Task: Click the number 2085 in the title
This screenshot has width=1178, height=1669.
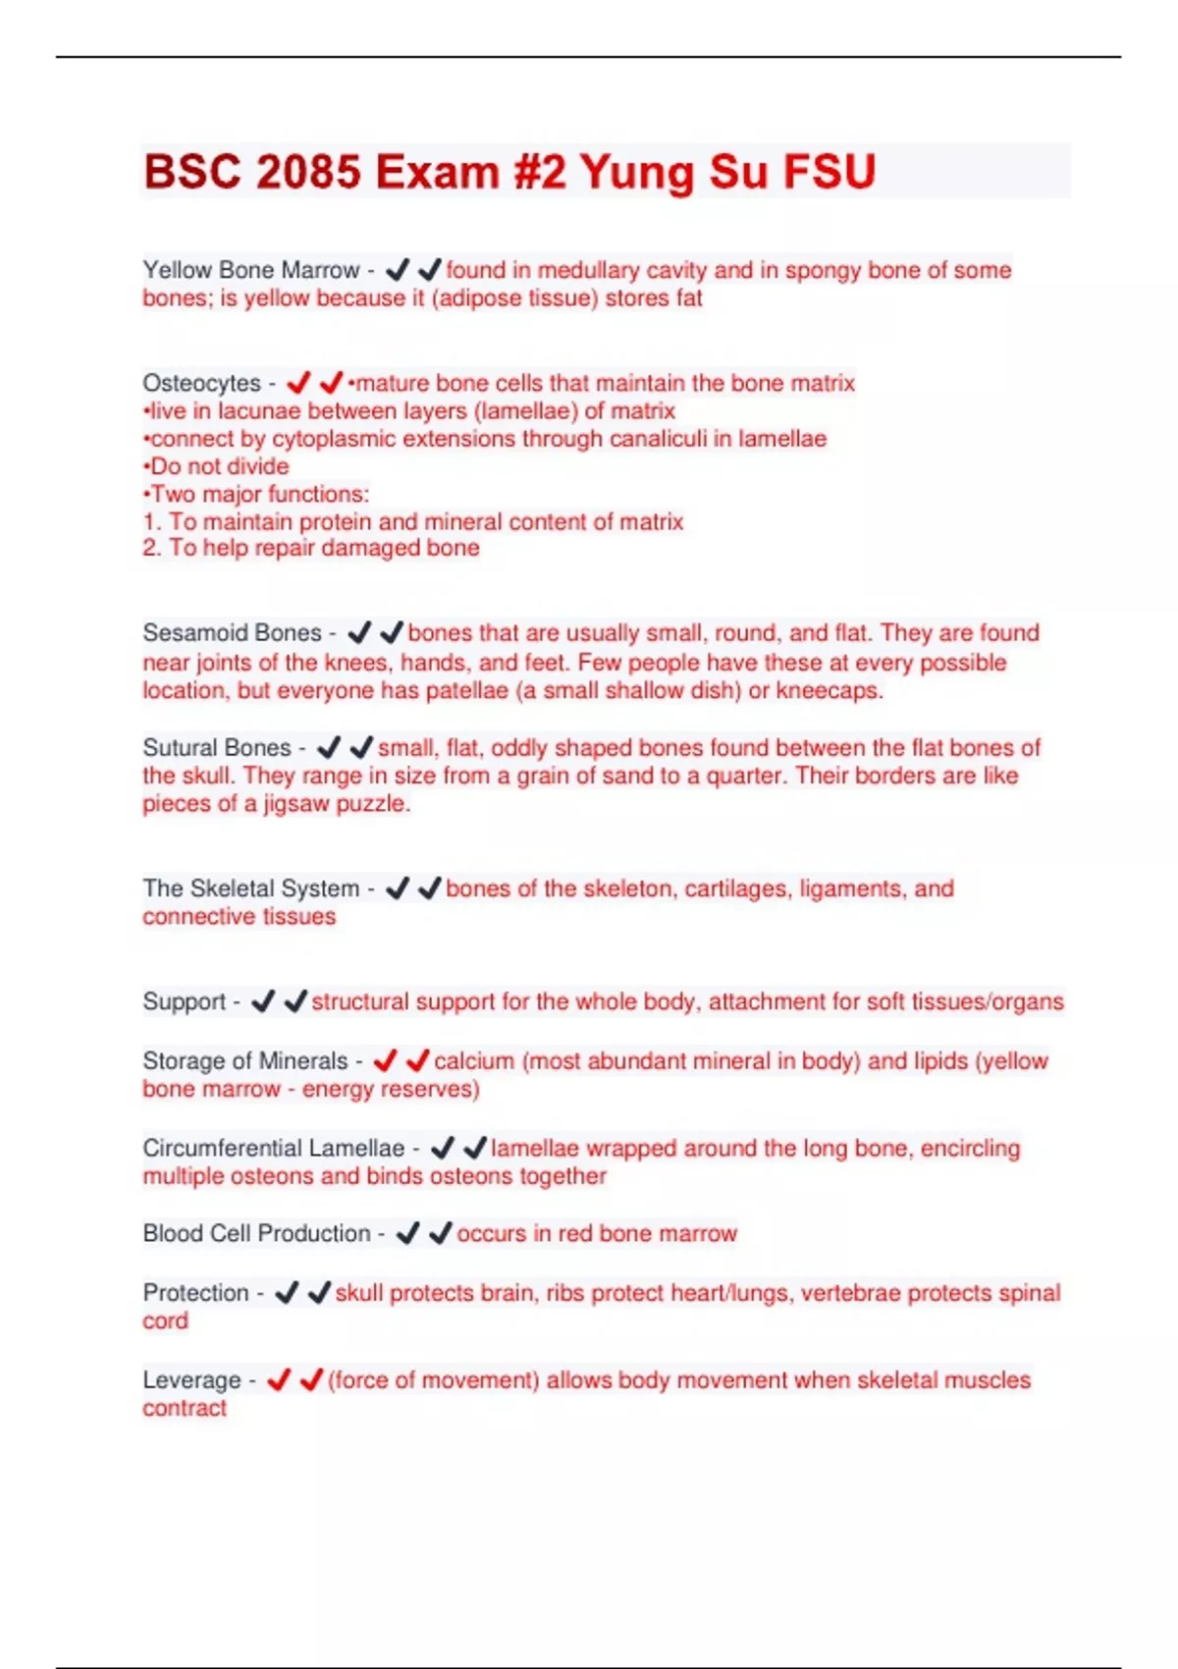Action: (x=308, y=172)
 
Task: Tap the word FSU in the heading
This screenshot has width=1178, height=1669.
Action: (x=829, y=172)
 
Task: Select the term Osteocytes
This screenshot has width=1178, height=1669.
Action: (x=201, y=383)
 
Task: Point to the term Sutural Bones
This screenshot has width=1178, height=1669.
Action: (x=216, y=748)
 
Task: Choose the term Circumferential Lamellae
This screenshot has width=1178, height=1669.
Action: (x=273, y=1149)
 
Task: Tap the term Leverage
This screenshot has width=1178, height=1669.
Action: (x=191, y=1380)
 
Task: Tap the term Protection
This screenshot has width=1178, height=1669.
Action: (x=195, y=1293)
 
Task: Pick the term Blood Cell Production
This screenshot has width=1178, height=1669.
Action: (x=256, y=1234)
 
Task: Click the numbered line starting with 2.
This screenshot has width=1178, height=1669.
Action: (x=311, y=548)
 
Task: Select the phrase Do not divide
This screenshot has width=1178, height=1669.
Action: (x=218, y=466)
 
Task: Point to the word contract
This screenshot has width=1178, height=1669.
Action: (x=185, y=1409)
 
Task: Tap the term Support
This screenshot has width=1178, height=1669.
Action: (x=184, y=1002)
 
